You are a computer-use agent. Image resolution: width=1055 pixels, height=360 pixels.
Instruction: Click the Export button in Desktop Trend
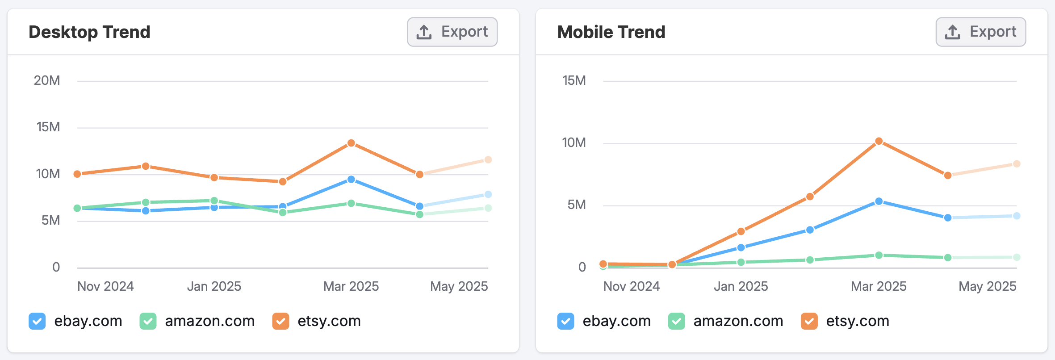(x=452, y=32)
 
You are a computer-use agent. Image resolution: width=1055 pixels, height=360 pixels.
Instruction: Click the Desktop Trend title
(x=89, y=32)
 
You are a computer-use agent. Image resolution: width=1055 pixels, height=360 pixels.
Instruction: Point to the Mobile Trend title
(x=611, y=32)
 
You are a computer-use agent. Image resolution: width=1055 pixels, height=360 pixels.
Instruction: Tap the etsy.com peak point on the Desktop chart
(x=351, y=143)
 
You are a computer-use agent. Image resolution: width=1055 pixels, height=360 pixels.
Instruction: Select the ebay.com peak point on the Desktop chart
(x=351, y=179)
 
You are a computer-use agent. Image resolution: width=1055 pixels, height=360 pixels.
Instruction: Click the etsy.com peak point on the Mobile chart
(x=879, y=141)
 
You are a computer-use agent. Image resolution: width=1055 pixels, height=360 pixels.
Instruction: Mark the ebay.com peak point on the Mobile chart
(x=879, y=201)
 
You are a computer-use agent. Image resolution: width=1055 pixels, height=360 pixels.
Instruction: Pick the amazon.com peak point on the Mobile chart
(x=879, y=255)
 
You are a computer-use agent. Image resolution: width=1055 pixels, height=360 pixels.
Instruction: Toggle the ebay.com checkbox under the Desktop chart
(x=37, y=321)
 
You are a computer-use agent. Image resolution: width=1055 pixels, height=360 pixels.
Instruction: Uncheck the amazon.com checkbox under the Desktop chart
(x=148, y=321)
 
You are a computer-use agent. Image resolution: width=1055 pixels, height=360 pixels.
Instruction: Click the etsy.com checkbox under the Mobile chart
(x=809, y=321)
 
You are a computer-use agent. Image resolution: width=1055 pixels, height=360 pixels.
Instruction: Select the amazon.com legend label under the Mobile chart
(x=738, y=321)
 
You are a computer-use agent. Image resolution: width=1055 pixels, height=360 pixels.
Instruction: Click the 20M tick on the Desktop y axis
(x=47, y=80)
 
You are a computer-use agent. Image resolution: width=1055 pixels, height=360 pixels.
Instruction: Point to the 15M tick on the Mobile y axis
(x=574, y=80)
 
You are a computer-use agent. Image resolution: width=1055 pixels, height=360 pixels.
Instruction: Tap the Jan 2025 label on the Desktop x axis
(x=214, y=286)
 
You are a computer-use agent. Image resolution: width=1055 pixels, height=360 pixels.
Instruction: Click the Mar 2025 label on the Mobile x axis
(x=879, y=286)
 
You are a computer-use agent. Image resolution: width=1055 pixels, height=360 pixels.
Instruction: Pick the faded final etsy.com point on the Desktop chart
(x=488, y=159)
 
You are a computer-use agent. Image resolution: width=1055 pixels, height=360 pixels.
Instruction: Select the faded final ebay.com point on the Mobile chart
(x=1017, y=216)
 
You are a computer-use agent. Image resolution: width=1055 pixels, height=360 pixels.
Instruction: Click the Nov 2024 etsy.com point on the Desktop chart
(x=77, y=174)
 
